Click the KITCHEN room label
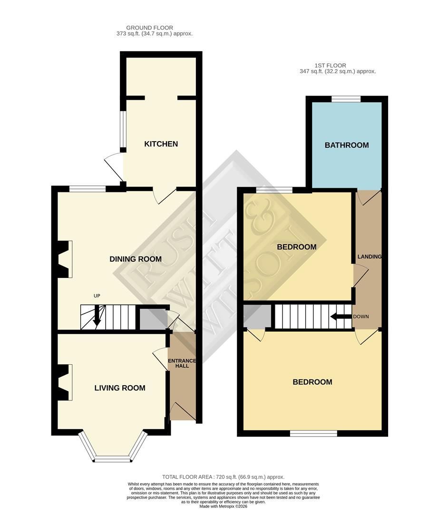pyautogui.click(x=161, y=144)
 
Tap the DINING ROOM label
pyautogui.click(x=136, y=259)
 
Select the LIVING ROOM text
pyautogui.click(x=120, y=388)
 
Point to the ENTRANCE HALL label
pyautogui.click(x=179, y=363)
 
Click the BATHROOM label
pyautogui.click(x=347, y=145)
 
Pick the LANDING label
pyautogui.click(x=370, y=256)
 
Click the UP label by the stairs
pyautogui.click(x=97, y=296)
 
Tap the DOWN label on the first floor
pyautogui.click(x=361, y=316)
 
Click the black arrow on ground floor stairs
pyautogui.click(x=98, y=315)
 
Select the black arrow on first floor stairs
pyautogui.click(x=341, y=316)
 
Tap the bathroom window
pyautogui.click(x=346, y=98)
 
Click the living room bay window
pyautogui.click(x=113, y=449)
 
